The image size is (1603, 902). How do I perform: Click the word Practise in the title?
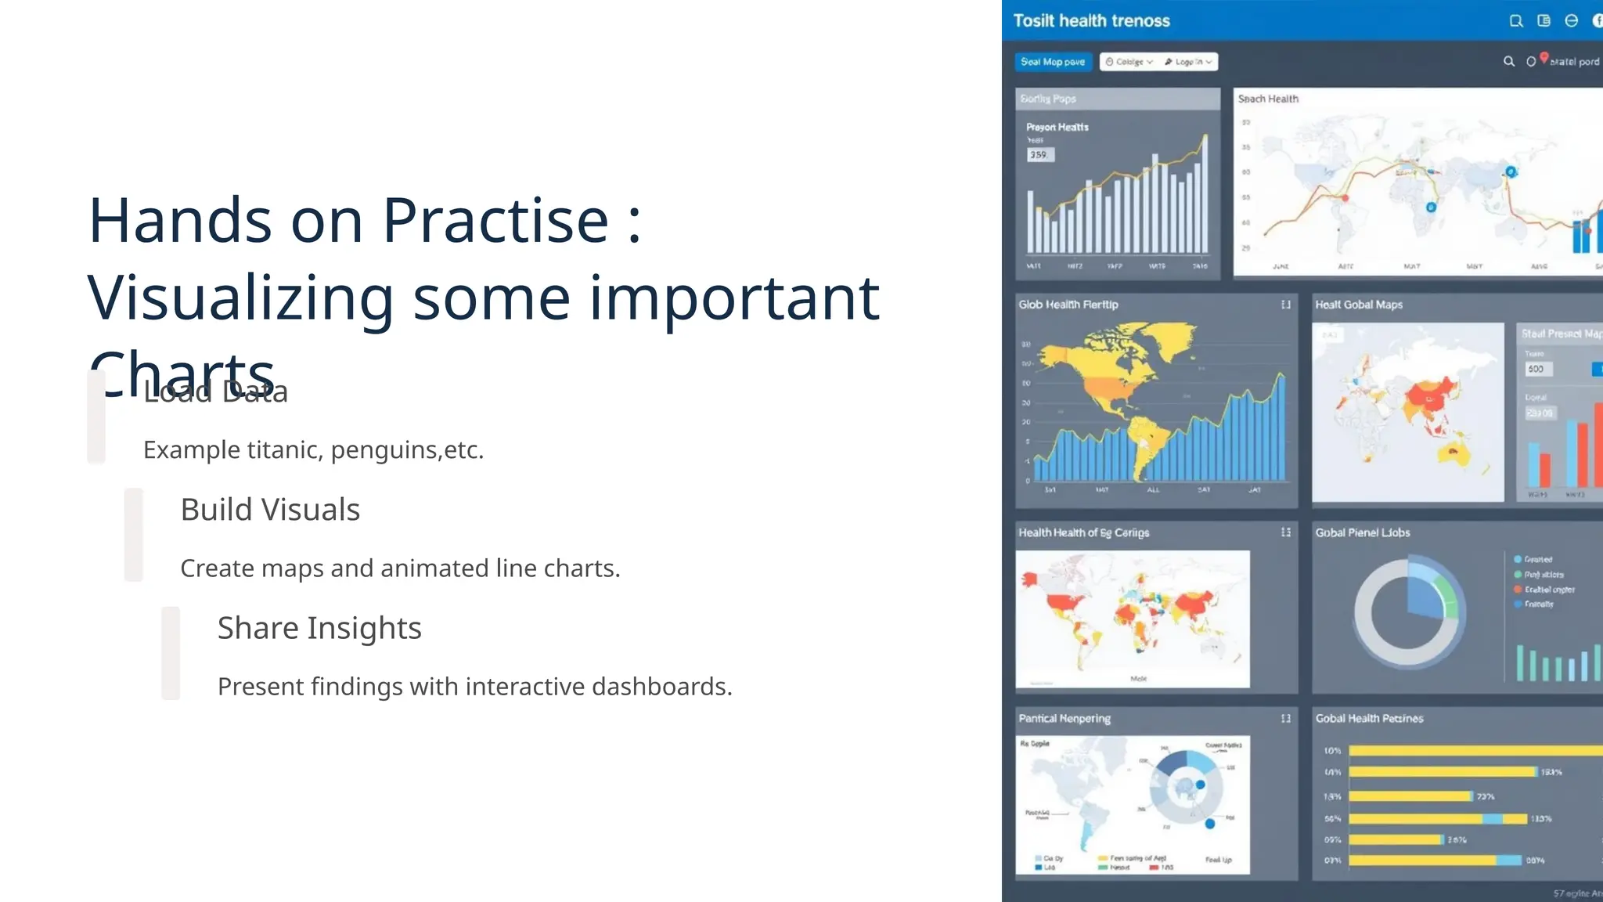495,221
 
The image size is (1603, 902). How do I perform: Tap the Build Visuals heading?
270,510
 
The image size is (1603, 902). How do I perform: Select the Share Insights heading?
319,628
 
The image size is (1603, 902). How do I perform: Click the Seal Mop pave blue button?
1053,62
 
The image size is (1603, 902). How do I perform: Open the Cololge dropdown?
1129,62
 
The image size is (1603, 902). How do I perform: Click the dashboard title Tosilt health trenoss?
1091,21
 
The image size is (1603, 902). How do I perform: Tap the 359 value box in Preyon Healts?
1039,155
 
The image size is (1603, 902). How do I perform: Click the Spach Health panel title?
1268,99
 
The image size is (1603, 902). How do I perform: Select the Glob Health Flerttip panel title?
1068,305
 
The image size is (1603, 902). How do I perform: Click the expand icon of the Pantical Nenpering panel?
1285,718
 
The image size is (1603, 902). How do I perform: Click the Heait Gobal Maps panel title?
1359,305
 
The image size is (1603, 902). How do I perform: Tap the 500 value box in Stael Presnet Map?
1537,369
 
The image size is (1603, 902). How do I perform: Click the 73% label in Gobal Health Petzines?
1485,796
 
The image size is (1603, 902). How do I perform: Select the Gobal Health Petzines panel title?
1369,718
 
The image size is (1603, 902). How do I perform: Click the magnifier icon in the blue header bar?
1516,21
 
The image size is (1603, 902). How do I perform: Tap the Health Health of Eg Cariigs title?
1083,532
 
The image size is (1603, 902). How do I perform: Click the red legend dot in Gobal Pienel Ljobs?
1518,590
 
